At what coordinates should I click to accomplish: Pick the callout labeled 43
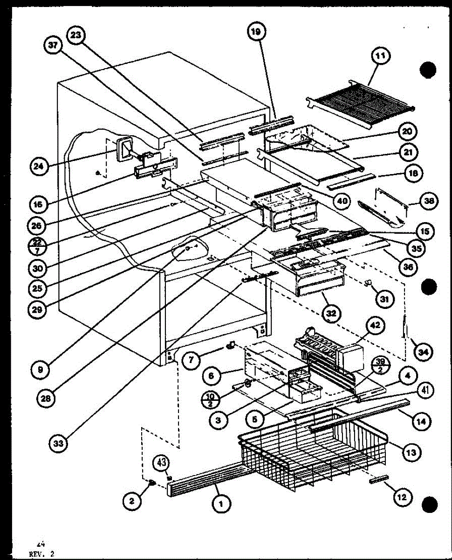tap(160, 464)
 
